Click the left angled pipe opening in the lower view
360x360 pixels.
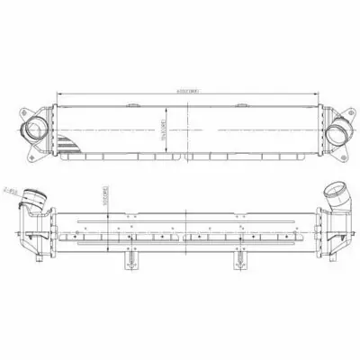click(x=34, y=195)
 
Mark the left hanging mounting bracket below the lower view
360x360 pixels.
click(x=131, y=260)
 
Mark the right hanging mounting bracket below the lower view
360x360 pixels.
click(x=239, y=260)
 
